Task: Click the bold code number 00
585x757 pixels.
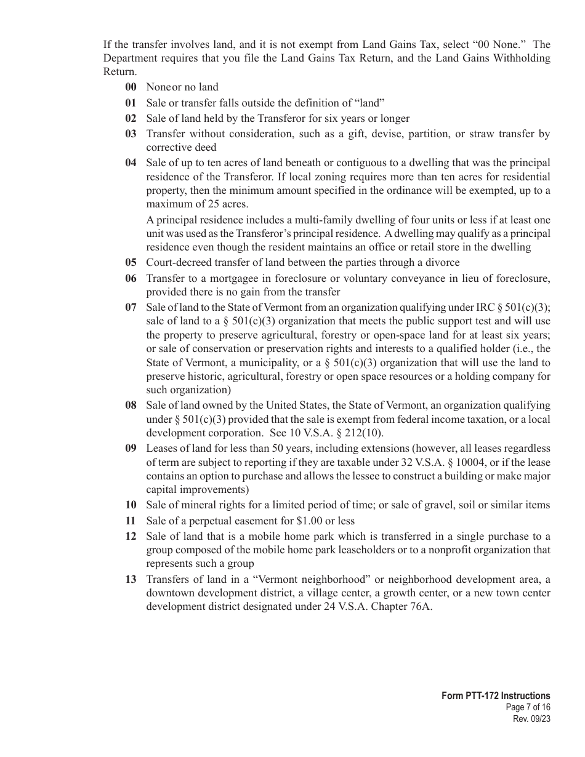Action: [x=131, y=87]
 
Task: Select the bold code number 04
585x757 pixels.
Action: [x=131, y=162]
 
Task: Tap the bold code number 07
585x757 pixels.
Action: [x=131, y=307]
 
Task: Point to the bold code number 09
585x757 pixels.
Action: [x=131, y=448]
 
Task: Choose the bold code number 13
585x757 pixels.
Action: [x=131, y=579]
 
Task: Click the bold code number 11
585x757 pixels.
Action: [x=131, y=521]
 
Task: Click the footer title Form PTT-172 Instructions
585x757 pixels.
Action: [x=496, y=695]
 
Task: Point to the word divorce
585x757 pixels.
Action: [x=442, y=262]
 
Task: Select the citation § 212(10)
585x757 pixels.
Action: [x=358, y=433]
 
